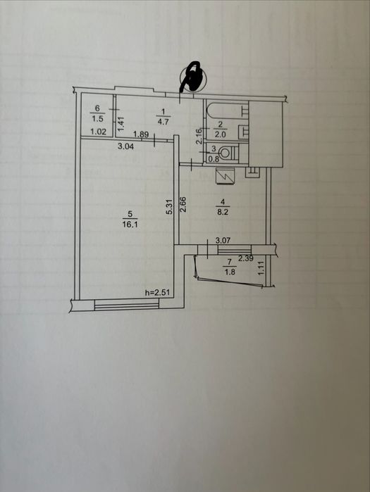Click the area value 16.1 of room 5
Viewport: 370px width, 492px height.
coord(130,225)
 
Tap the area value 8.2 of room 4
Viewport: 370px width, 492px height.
coord(226,212)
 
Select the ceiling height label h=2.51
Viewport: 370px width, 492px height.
coord(157,293)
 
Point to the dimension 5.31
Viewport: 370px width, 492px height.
coord(170,207)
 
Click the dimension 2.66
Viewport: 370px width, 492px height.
coord(183,204)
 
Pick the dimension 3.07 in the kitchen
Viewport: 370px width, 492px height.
coord(223,241)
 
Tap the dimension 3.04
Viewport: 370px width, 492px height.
coord(125,146)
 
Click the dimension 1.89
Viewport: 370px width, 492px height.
coord(140,134)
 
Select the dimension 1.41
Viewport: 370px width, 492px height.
coord(122,124)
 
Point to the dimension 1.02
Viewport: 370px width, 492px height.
coord(98,132)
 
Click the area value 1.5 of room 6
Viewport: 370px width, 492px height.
coord(97,119)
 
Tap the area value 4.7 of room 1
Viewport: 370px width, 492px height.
coord(163,121)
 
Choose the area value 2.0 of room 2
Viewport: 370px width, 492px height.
coord(220,134)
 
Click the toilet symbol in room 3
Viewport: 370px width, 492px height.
coord(228,153)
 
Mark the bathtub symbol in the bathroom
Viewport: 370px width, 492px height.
coord(227,111)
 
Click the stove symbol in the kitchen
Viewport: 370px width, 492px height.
coord(226,176)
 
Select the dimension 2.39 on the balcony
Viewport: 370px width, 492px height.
coord(245,258)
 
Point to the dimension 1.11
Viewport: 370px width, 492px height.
coord(261,269)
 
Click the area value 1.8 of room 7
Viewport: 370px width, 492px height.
coord(230,272)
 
